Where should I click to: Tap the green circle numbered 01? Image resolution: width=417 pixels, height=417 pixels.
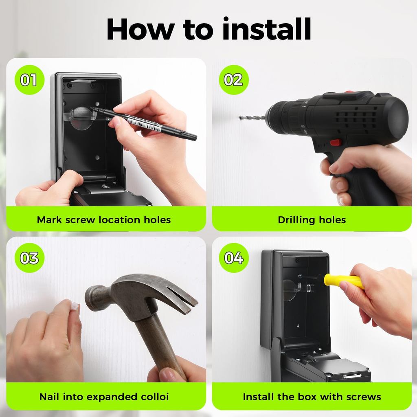[x=29, y=79]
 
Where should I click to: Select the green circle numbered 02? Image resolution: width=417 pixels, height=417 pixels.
[x=233, y=79]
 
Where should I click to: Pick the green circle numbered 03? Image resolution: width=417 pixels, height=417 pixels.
[x=29, y=258]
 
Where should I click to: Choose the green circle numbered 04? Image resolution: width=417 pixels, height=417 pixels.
[x=233, y=258]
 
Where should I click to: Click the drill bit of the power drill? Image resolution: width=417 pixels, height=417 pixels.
[x=252, y=117]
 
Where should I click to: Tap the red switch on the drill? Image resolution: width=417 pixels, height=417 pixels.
[x=336, y=143]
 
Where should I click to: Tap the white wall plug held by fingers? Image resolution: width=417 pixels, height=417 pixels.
[x=75, y=305]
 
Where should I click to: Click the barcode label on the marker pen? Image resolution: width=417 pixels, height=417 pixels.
[x=144, y=125]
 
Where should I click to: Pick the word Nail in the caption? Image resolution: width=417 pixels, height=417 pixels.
[x=49, y=397]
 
